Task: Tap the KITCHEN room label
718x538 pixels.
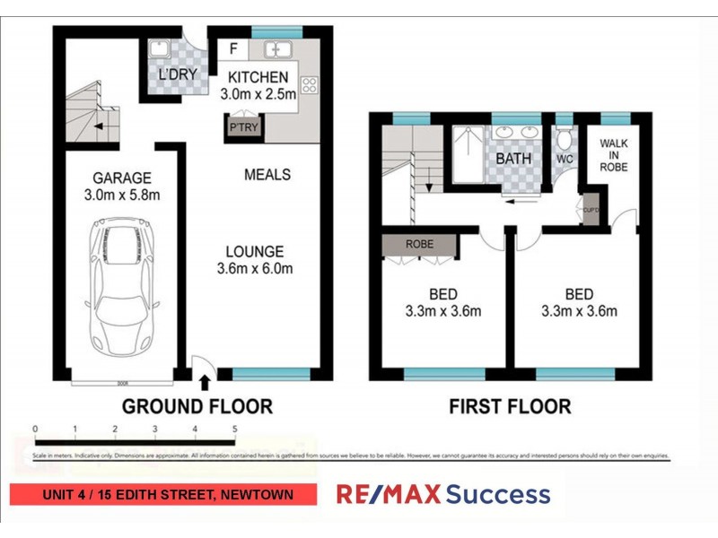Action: (258, 77)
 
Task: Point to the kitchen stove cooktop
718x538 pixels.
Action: (310, 86)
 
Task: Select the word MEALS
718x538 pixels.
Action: (267, 174)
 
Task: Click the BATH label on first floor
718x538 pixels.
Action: (513, 159)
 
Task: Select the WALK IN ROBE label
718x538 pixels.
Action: (614, 154)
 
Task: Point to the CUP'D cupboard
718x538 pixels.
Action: (590, 211)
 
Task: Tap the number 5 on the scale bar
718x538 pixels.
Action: (234, 429)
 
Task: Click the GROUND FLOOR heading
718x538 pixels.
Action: (197, 406)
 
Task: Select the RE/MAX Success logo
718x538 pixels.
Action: (442, 494)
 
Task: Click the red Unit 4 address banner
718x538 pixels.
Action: (163, 494)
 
